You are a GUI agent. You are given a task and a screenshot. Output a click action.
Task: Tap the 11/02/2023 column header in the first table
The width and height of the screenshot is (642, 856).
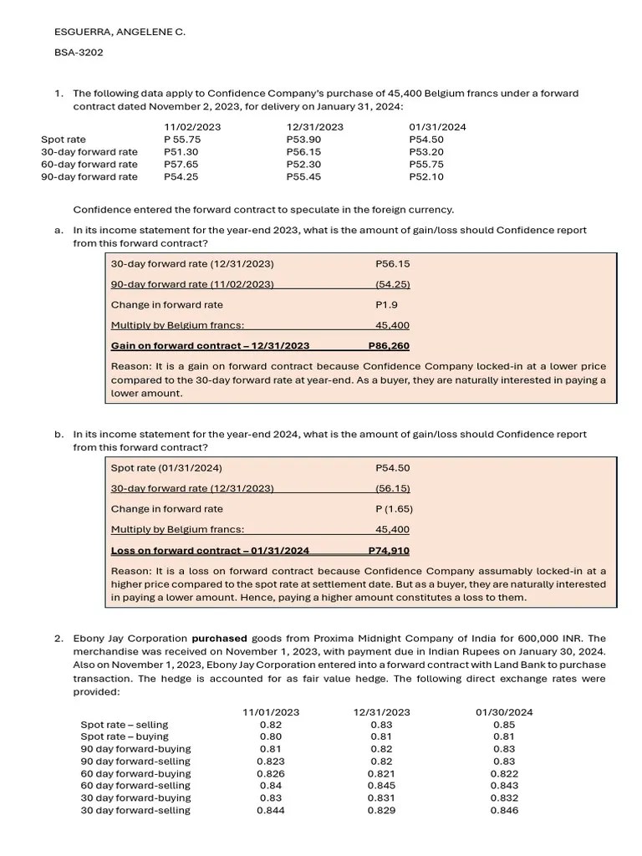192,127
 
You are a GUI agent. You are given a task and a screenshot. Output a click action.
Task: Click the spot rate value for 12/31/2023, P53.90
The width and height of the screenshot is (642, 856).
303,140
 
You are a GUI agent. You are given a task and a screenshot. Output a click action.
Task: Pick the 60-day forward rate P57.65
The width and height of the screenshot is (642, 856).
181,165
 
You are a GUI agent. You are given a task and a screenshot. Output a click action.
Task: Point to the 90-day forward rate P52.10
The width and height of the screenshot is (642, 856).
426,177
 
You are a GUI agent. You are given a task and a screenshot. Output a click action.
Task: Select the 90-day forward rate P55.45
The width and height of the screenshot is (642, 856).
303,177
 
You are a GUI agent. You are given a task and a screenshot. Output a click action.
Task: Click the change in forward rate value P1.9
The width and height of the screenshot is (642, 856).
387,305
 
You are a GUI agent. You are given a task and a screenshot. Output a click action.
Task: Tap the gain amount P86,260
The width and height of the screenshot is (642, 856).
389,346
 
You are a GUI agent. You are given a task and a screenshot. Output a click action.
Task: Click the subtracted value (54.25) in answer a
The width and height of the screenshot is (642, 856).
392,284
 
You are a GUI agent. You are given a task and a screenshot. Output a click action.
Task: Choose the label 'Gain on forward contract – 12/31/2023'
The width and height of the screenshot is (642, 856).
210,346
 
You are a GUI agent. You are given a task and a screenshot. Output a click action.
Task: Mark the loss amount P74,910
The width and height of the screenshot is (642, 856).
389,550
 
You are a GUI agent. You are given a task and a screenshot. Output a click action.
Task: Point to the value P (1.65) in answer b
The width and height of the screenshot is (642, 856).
394,509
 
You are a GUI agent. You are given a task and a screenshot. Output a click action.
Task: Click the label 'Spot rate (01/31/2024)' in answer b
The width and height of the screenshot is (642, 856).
166,468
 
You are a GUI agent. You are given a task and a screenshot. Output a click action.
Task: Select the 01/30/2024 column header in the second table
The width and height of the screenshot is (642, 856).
504,712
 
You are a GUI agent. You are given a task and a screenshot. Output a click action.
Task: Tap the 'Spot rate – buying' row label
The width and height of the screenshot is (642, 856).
125,736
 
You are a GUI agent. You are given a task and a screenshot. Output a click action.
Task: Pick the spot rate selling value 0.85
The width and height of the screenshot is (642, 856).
504,725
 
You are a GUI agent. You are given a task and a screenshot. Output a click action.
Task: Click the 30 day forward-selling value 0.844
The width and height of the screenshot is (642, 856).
270,811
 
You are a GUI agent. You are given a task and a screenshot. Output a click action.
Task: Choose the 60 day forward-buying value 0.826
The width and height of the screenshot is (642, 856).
270,774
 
